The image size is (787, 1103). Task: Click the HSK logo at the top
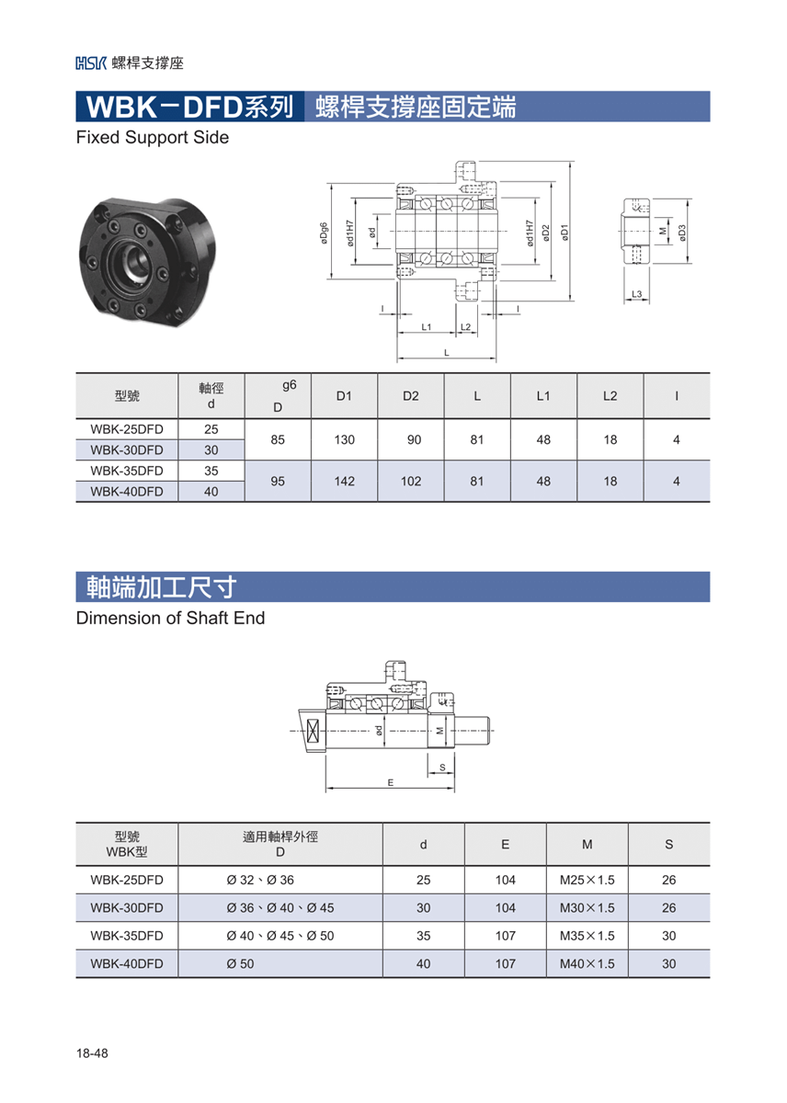coord(91,63)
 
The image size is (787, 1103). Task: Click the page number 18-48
coord(92,1053)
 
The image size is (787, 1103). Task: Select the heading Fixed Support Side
coord(153,137)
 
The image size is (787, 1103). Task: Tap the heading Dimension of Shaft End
coord(170,618)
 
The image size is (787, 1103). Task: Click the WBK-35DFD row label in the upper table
coord(127,471)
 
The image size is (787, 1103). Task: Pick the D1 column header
coord(344,396)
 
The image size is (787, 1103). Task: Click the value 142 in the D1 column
coord(344,481)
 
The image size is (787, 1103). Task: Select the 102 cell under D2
coord(411,481)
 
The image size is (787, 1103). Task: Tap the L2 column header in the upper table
coord(610,396)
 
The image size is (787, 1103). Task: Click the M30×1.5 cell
coord(587,908)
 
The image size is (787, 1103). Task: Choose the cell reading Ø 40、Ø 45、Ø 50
coord(280,936)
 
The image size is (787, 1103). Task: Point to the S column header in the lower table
coord(668,845)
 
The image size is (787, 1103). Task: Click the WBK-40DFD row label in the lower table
coord(127,963)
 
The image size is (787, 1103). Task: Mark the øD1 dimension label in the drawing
coord(565,233)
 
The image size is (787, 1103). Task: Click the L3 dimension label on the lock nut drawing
coord(637,294)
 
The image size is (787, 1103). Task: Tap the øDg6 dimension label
coord(324,233)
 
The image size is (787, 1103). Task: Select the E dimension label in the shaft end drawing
coord(391,783)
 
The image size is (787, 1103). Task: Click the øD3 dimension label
coord(682,233)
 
